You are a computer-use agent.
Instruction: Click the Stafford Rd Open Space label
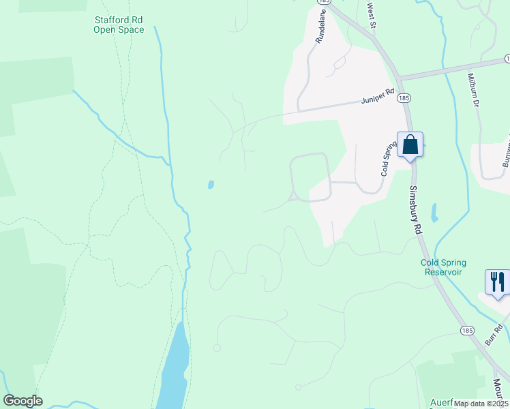click(x=119, y=25)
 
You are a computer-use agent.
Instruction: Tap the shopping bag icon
click(x=410, y=145)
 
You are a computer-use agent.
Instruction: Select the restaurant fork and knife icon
click(x=497, y=282)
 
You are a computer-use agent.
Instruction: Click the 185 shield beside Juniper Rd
click(x=405, y=98)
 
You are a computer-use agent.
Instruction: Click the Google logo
click(x=22, y=401)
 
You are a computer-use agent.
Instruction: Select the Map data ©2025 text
click(x=480, y=404)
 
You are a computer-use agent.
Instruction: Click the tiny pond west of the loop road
click(x=211, y=184)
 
